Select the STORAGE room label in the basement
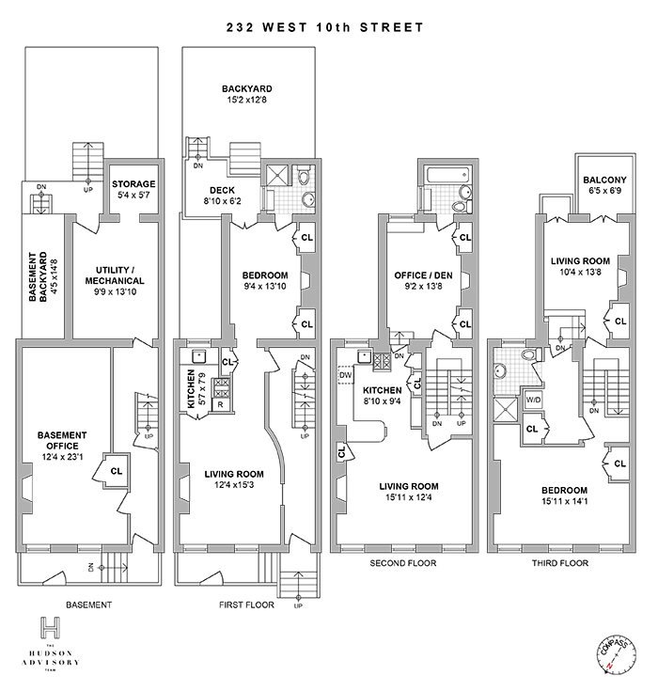coord(133,183)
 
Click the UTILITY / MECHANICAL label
coord(115,275)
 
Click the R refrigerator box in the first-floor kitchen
coord(220,405)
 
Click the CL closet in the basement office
coord(117,470)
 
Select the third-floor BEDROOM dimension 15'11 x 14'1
coord(564,504)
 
